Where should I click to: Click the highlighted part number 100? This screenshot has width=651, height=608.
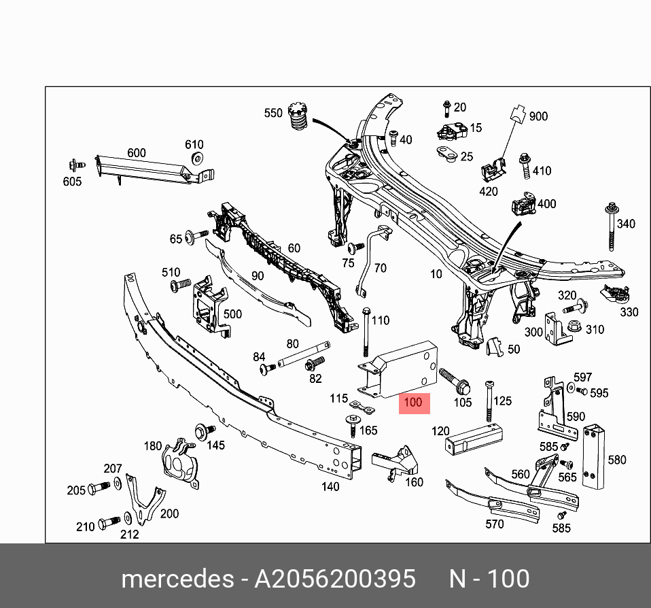coord(413,402)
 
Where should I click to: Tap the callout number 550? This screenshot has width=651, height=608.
coord(273,113)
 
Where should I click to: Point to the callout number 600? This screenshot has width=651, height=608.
coord(137,153)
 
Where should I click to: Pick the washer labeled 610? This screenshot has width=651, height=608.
coord(196,159)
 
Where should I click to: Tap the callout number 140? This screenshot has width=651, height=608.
coord(330,486)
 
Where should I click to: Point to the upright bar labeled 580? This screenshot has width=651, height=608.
coord(593,457)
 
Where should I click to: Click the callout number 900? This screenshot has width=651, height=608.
coord(538,116)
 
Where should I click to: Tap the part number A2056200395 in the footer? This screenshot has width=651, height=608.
coord(334,579)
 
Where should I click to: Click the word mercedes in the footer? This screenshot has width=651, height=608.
coord(177,579)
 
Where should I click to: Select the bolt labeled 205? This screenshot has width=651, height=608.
coord(99,488)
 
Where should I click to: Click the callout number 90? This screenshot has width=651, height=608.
coord(257,275)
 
